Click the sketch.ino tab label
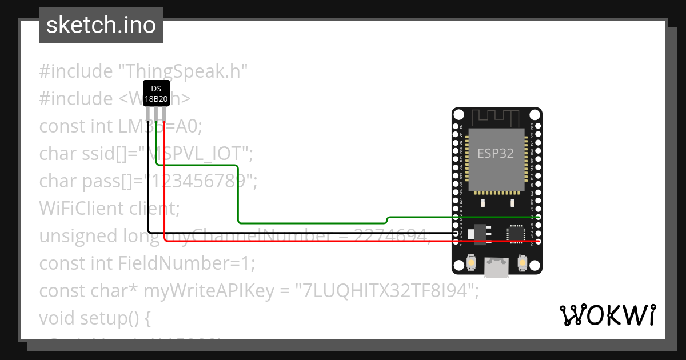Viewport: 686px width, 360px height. coord(101,25)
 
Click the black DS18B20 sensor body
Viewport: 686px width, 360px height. coord(156,93)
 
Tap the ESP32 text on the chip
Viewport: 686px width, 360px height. coord(496,153)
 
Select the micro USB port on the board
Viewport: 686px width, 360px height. coord(496,267)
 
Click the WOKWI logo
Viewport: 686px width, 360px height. coord(607,315)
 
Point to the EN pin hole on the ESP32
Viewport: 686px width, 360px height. coord(456,126)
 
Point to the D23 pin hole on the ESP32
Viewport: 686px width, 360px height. coord(538,126)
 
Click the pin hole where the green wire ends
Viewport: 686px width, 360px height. coord(538,218)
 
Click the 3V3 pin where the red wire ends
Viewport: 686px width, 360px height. coord(538,242)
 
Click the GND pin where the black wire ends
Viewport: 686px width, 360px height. coord(456,234)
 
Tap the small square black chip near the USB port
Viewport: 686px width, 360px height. coord(515,233)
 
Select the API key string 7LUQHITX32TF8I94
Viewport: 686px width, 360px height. coord(386,291)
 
